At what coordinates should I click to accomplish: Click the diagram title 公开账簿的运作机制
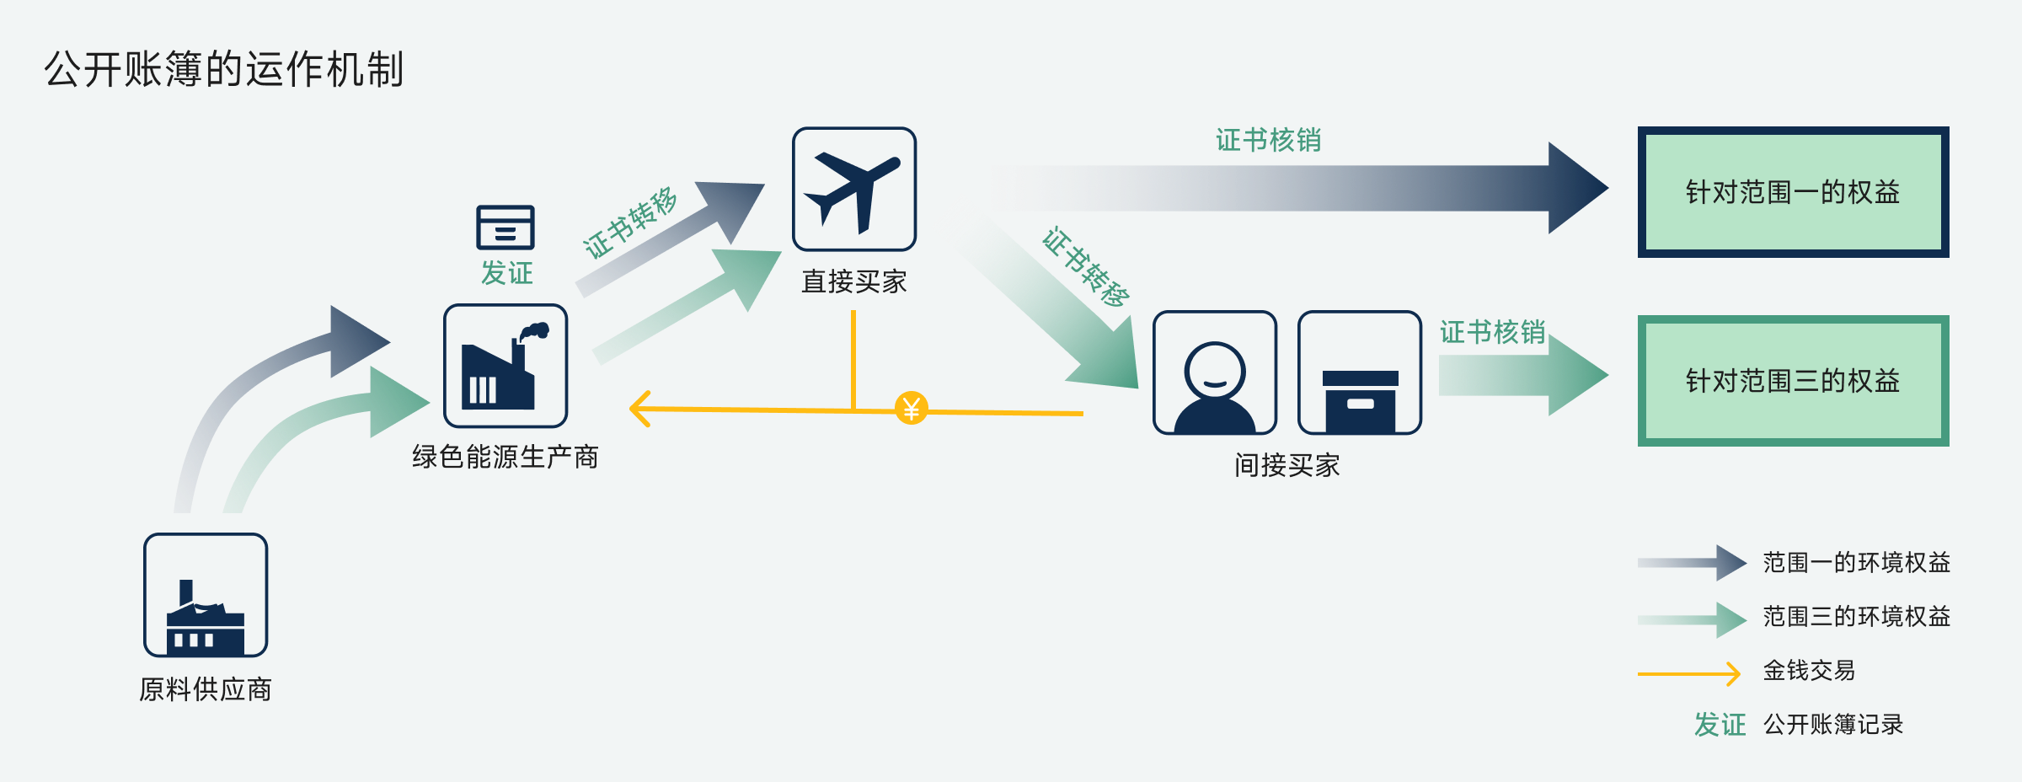click(x=224, y=69)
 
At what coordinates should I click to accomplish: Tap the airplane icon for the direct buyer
click(x=854, y=190)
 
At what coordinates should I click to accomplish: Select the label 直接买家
click(x=854, y=281)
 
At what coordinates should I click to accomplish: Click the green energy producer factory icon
click(x=505, y=366)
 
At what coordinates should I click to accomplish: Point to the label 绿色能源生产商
click(x=505, y=457)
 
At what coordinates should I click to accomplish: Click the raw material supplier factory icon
click(x=206, y=595)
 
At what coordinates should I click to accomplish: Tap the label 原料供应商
click(x=206, y=689)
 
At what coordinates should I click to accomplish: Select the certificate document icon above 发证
click(x=505, y=227)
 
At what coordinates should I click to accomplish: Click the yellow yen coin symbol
click(x=911, y=409)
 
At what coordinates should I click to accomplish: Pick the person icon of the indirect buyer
click(x=1215, y=373)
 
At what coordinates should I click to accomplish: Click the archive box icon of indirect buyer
click(x=1360, y=373)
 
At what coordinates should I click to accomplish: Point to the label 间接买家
click(x=1286, y=465)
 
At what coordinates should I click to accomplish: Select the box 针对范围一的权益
click(x=1793, y=192)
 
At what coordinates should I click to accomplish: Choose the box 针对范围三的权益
click(x=1793, y=381)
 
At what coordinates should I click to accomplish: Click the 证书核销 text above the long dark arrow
click(x=1268, y=140)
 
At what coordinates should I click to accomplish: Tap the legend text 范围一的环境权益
click(x=1856, y=562)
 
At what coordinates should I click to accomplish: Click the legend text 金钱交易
click(x=1809, y=671)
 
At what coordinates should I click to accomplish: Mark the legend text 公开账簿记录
click(x=1832, y=725)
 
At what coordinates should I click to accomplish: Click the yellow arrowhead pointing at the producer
click(x=640, y=409)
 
